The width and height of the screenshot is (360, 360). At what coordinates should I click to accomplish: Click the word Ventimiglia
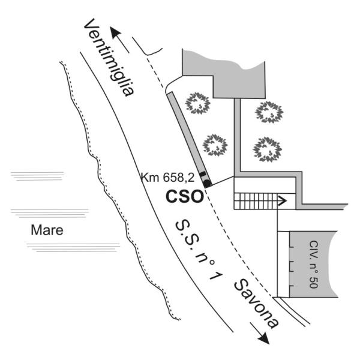pyautogui.click(x=109, y=58)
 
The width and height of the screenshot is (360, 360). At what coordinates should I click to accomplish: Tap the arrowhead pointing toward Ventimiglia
pyautogui.click(x=115, y=32)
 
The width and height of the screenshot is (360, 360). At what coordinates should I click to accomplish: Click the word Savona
pyautogui.click(x=256, y=304)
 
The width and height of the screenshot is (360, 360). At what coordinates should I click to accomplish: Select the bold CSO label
pyautogui.click(x=185, y=197)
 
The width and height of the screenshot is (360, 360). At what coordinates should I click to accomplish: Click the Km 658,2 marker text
pyautogui.click(x=167, y=178)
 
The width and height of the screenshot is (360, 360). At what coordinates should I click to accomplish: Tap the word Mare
pyautogui.click(x=47, y=230)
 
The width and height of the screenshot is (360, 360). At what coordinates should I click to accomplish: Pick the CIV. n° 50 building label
pyautogui.click(x=313, y=264)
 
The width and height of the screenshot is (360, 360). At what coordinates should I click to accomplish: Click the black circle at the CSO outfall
pyautogui.click(x=207, y=183)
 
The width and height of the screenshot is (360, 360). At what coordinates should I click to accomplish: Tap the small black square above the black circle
pyautogui.click(x=203, y=174)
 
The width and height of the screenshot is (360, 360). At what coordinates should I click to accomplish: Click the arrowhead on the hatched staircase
pyautogui.click(x=283, y=201)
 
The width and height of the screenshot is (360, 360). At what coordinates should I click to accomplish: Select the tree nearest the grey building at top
pyautogui.click(x=197, y=103)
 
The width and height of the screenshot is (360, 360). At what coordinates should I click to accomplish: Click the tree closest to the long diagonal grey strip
pyautogui.click(x=215, y=145)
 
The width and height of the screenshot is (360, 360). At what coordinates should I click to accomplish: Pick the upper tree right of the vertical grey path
pyautogui.click(x=269, y=112)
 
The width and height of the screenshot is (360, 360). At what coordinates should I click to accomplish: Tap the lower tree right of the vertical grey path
pyautogui.click(x=268, y=149)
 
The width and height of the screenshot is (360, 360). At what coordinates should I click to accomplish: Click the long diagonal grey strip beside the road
pyautogui.click(x=189, y=139)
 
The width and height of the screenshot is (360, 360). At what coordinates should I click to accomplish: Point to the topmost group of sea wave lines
pyautogui.click(x=37, y=176)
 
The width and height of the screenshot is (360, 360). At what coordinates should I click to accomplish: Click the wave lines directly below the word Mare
pyautogui.click(x=73, y=248)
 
